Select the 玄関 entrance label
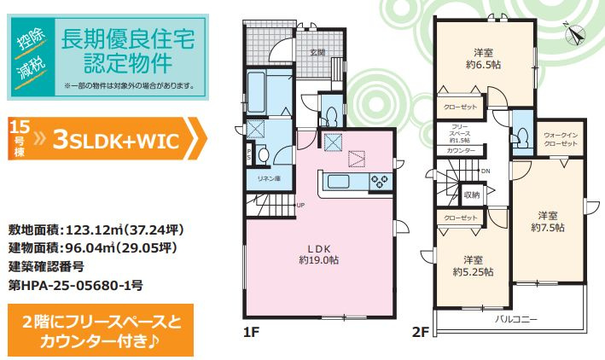[x=317, y=52]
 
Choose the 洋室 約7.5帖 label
[x=548, y=220]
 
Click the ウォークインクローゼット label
[x=560, y=139]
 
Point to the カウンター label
[x=461, y=150]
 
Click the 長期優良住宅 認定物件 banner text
[x=128, y=49]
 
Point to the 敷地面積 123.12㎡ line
[x=96, y=230]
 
